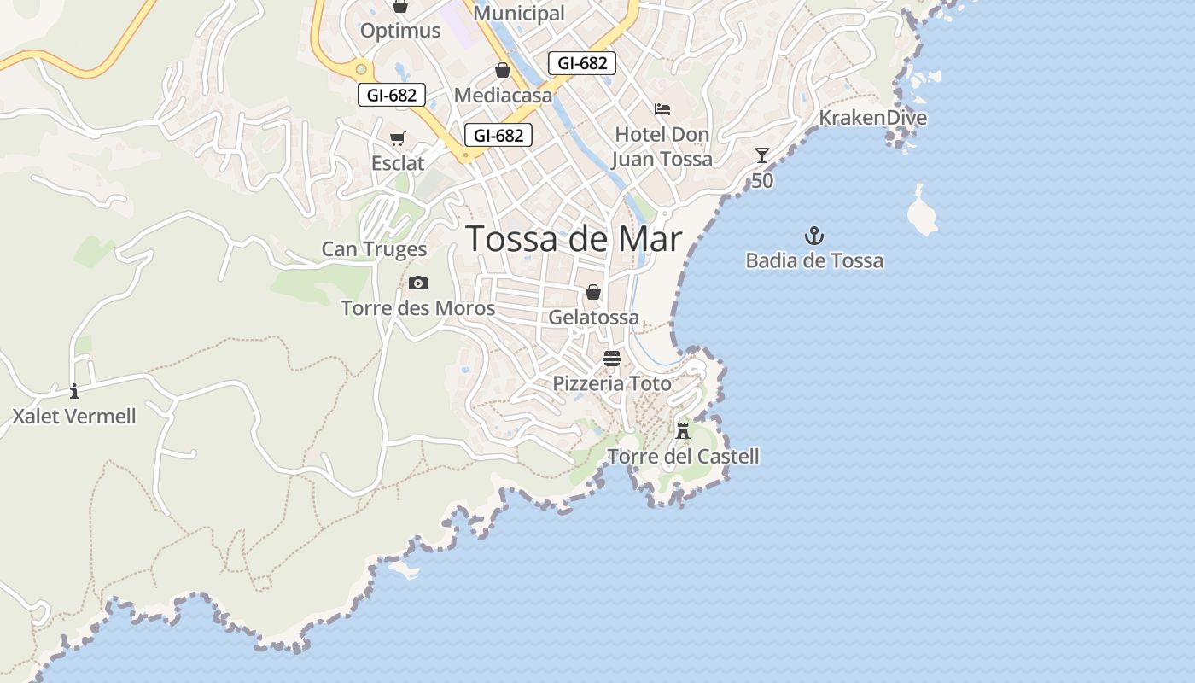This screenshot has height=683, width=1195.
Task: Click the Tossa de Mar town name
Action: pyautogui.click(x=574, y=239)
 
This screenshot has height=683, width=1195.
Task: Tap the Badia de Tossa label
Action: pyautogui.click(x=814, y=260)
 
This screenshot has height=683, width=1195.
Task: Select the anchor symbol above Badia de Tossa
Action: pyautogui.click(x=814, y=235)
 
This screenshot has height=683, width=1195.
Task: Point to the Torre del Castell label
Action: pyautogui.click(x=683, y=457)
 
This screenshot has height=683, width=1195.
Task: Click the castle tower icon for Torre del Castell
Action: pyautogui.click(x=683, y=429)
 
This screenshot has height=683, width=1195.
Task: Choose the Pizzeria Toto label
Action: pyautogui.click(x=612, y=384)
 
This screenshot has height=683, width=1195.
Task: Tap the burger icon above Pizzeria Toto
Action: pyautogui.click(x=612, y=358)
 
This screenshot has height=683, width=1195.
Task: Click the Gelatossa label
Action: pyautogui.click(x=593, y=318)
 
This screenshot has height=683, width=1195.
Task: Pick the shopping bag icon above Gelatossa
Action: pyautogui.click(x=593, y=292)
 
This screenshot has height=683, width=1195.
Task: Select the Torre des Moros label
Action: pyautogui.click(x=418, y=308)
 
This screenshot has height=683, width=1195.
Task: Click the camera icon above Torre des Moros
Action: pyautogui.click(x=418, y=283)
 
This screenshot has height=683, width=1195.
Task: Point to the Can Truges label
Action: pyautogui.click(x=374, y=249)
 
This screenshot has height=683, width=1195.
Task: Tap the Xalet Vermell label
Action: pyautogui.click(x=74, y=417)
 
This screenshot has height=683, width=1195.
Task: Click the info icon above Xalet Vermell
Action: pyautogui.click(x=74, y=391)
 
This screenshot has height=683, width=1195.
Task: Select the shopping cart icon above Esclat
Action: pyautogui.click(x=397, y=138)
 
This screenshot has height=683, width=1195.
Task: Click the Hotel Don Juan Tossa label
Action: pyautogui.click(x=662, y=147)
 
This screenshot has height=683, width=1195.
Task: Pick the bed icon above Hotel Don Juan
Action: pyautogui.click(x=662, y=109)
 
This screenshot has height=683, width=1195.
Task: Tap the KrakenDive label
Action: pyautogui.click(x=872, y=118)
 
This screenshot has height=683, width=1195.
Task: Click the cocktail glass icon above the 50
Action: pyautogui.click(x=762, y=155)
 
